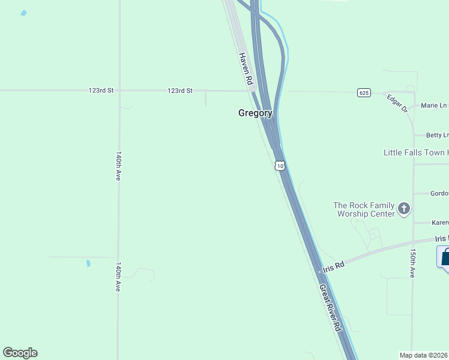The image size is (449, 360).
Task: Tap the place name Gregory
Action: pos(255,113)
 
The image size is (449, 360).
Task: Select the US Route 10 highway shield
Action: pos(280,165)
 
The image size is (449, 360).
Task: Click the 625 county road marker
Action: pos(364,92)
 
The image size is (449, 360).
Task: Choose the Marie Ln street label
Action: pos(433,106)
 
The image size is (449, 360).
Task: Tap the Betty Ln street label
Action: pos(437,136)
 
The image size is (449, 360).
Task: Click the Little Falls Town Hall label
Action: pos(415,153)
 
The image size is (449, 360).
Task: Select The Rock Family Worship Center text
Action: pos(364,209)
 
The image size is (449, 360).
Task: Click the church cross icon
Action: pos(404,209)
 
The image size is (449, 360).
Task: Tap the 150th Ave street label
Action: pos(412,263)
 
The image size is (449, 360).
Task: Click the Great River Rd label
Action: pos(330,308)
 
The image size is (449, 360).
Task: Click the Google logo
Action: pos(20,353)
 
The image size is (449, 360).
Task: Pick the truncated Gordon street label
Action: pos(439,193)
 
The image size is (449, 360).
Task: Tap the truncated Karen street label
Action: pos(439,223)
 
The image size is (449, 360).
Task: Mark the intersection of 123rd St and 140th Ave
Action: pos(119,91)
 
